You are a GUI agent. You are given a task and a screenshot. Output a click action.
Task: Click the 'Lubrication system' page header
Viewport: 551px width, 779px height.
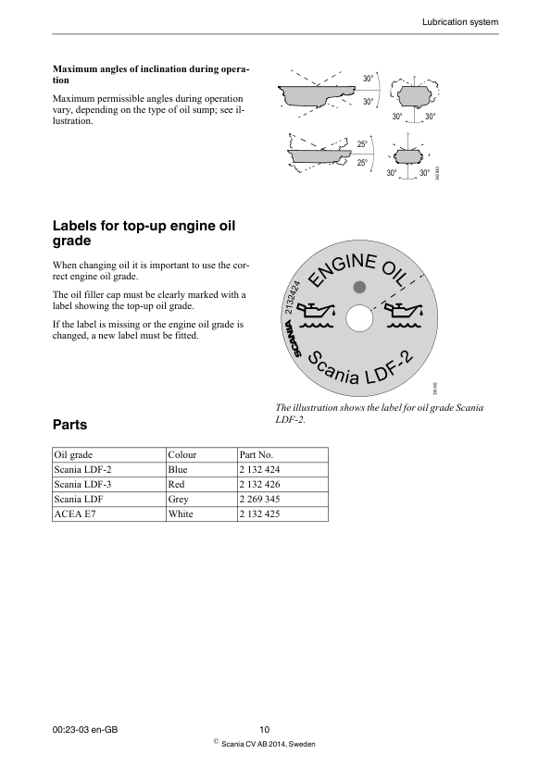pos(460,21)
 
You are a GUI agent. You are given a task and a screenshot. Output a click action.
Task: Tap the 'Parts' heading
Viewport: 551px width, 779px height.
pos(70,425)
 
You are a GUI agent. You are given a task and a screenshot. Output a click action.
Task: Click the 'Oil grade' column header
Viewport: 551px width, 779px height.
pos(74,455)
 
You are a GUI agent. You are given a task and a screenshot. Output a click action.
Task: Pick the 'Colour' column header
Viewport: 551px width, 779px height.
pos(182,455)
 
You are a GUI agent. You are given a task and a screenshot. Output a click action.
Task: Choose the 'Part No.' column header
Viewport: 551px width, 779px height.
pos(256,455)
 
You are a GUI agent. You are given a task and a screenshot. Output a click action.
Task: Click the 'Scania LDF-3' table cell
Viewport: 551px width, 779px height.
pos(83,484)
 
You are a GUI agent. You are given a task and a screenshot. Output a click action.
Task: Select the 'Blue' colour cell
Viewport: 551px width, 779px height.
pos(178,470)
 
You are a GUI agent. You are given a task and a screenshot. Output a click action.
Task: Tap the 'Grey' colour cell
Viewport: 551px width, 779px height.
pos(179,499)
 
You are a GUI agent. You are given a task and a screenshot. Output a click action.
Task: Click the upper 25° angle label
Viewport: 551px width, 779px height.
pos(362,144)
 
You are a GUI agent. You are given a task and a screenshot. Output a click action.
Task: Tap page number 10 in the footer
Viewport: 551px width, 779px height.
pos(266,731)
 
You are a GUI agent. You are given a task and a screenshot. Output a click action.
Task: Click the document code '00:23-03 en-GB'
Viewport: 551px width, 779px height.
pos(86,731)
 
